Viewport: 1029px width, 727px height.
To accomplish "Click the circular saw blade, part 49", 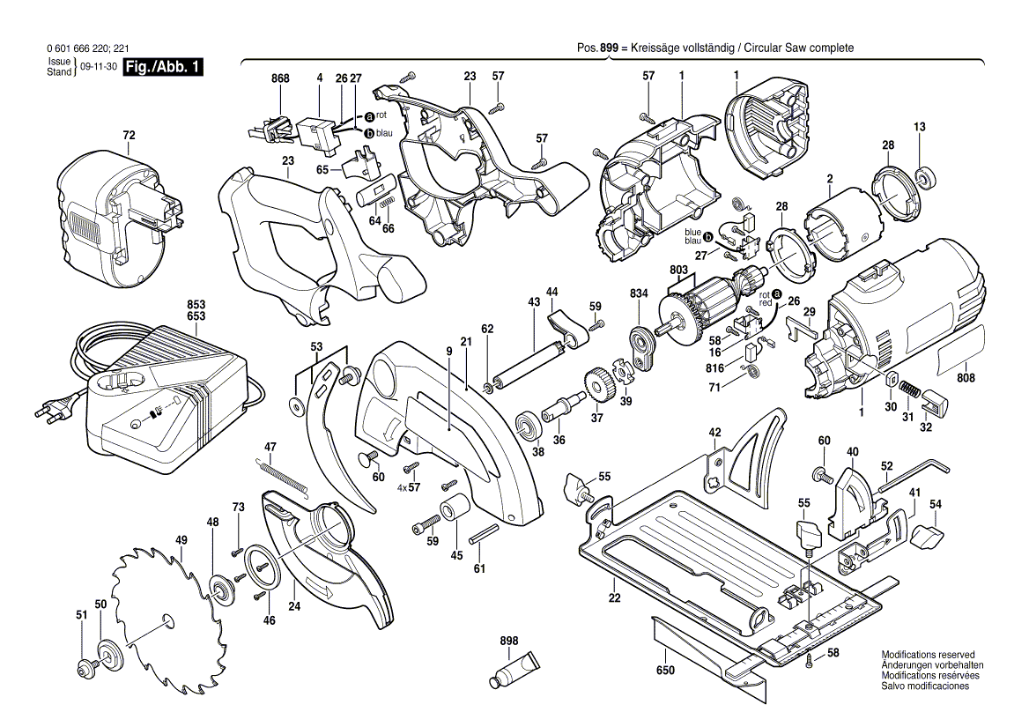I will [167, 617].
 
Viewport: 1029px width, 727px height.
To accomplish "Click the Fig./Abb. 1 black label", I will [163, 68].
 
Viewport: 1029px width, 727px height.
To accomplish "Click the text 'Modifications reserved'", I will [928, 655].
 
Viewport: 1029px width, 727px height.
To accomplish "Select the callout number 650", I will [665, 671].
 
